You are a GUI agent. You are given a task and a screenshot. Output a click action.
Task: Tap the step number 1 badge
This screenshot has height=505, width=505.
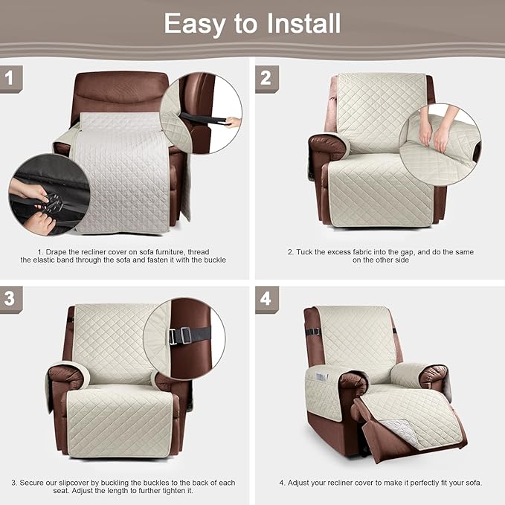click(x=10, y=77)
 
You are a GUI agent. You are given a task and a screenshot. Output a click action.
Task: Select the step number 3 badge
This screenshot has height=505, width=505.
click(x=10, y=298)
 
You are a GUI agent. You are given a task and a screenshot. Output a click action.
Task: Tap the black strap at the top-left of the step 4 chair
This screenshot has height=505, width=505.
click(x=313, y=332)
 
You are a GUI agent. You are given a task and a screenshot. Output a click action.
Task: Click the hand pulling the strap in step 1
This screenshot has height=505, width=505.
click(x=233, y=122)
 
